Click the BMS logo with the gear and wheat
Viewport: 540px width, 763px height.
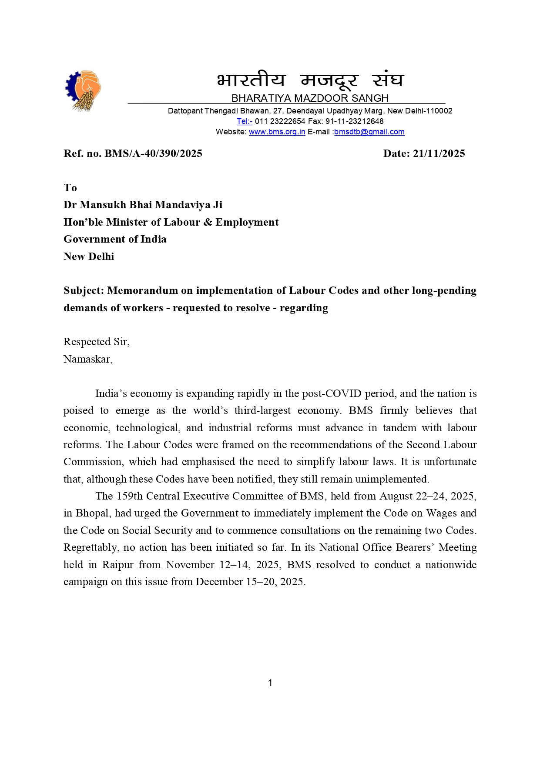click(x=83, y=90)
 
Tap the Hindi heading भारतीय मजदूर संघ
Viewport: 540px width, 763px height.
click(x=310, y=80)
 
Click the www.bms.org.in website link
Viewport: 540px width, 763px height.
click(x=277, y=132)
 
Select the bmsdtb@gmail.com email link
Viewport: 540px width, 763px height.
click(x=369, y=132)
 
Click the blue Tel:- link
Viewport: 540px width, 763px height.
click(x=244, y=121)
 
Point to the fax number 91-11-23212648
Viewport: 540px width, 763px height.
click(x=354, y=121)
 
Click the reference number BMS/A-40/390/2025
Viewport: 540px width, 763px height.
click(x=153, y=153)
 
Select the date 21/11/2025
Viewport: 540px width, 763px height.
click(x=439, y=153)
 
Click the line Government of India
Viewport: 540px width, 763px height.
click(x=115, y=239)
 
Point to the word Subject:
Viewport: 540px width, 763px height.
click(x=84, y=290)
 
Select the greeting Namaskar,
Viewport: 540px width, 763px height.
click(x=88, y=359)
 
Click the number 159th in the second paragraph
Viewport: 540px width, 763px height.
click(x=129, y=496)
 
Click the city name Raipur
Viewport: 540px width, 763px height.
click(x=117, y=565)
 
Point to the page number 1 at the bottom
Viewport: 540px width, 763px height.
click(x=270, y=683)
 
